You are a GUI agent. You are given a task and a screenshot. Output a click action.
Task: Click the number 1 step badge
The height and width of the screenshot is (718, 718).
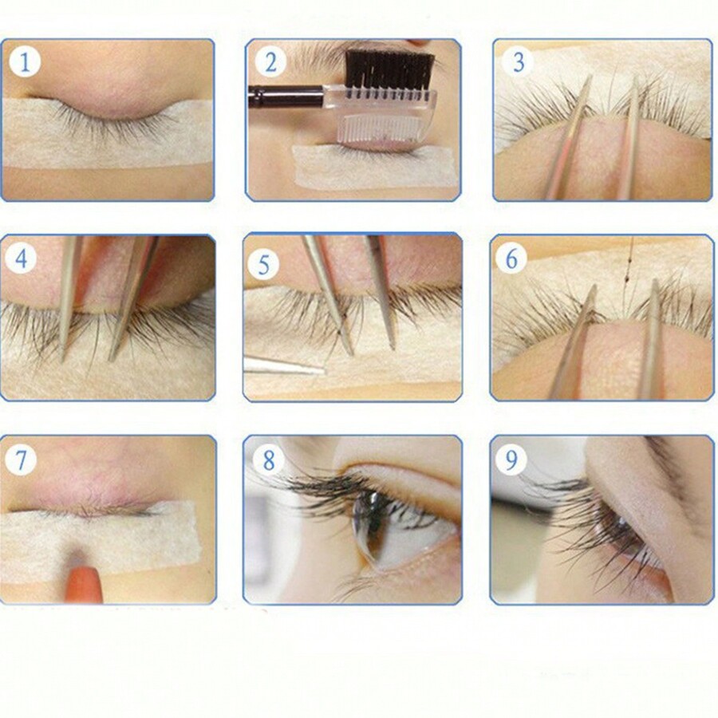pyautogui.click(x=25, y=61)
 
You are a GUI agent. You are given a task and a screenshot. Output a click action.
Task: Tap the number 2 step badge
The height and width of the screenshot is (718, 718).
pyautogui.click(x=270, y=61)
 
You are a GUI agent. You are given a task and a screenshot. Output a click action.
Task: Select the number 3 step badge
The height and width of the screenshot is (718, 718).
pyautogui.click(x=518, y=61)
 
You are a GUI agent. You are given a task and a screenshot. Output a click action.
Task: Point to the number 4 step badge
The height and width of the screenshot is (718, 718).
pyautogui.click(x=21, y=258)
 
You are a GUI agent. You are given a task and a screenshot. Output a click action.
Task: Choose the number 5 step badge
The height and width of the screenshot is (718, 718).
pyautogui.click(x=263, y=264)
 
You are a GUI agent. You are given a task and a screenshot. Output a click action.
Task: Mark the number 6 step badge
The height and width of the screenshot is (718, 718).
pyautogui.click(x=511, y=258)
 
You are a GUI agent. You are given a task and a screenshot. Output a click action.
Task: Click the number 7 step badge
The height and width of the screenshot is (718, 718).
pyautogui.click(x=21, y=460)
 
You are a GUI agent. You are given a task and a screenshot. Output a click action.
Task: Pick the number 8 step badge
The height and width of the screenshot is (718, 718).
pyautogui.click(x=268, y=460)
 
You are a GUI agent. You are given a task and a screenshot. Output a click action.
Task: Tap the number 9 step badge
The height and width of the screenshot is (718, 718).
pyautogui.click(x=511, y=460)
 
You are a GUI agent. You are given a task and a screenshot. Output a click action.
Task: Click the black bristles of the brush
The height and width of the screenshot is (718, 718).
pyautogui.click(x=389, y=68)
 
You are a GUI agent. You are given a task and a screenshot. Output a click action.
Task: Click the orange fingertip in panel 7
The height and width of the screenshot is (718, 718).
pyautogui.click(x=83, y=584)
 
